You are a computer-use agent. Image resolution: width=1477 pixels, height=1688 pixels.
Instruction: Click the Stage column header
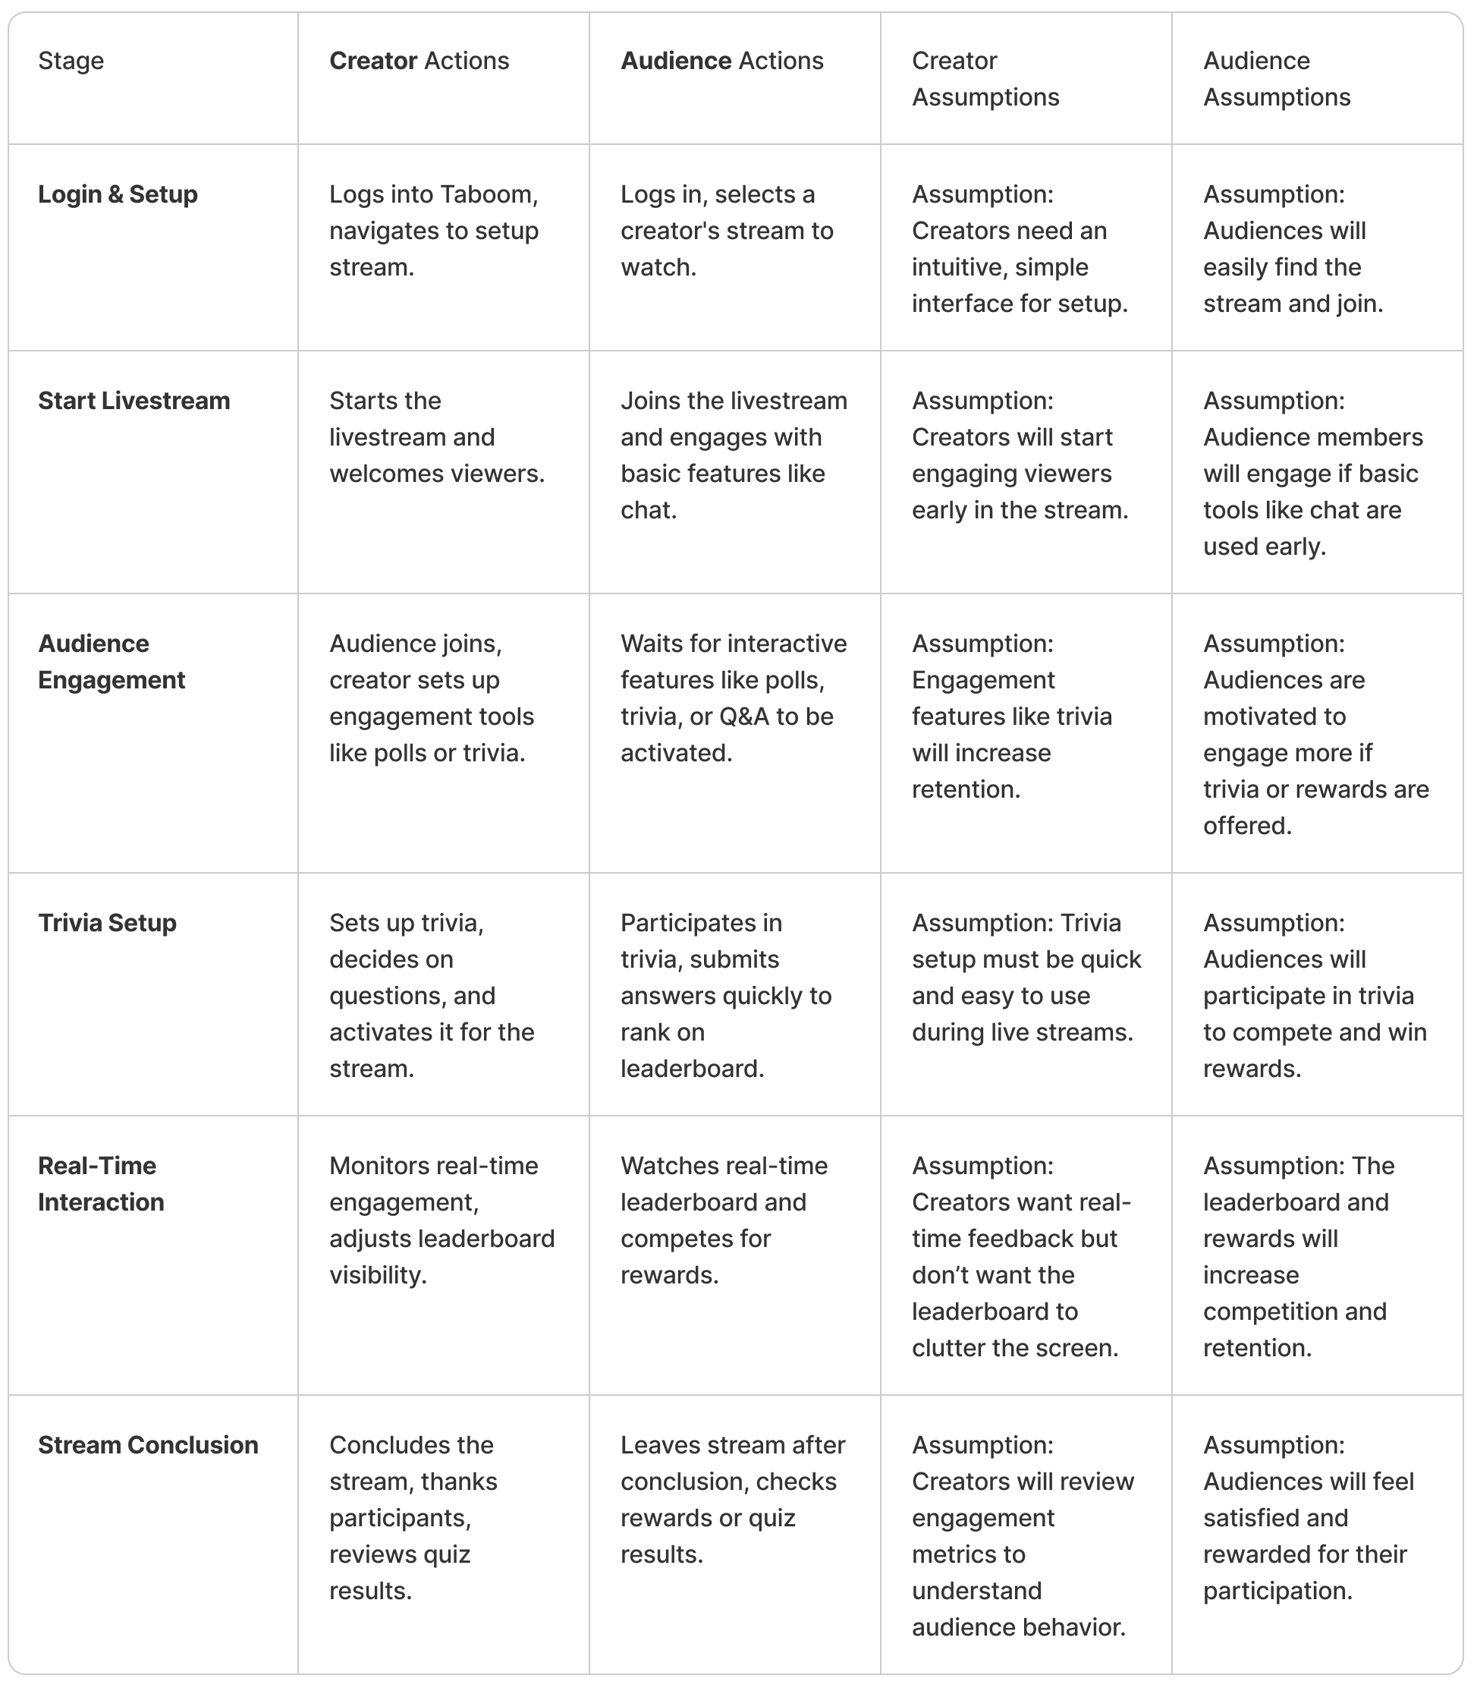pos(71,61)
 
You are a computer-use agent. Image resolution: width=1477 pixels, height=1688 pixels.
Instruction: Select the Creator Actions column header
pos(419,61)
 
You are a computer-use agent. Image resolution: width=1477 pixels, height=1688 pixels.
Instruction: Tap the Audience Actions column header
pos(721,61)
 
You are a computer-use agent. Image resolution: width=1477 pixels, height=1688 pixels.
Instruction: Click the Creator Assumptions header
pos(985,79)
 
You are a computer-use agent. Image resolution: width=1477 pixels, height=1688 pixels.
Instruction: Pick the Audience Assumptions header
pos(1276,79)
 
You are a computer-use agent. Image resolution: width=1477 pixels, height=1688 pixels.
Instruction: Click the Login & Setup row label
pos(118,194)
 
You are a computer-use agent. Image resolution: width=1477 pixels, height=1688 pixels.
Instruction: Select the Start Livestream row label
pos(134,401)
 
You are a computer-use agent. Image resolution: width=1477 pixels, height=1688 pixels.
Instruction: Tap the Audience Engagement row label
pos(112,662)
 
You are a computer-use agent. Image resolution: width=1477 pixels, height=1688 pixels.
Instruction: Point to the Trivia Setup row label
pos(107,923)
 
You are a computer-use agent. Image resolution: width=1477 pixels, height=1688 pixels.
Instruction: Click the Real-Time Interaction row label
pos(101,1184)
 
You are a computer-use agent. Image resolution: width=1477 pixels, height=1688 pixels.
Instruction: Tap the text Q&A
pos(743,716)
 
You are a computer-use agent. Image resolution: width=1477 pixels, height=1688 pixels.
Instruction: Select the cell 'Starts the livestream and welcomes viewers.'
pos(437,437)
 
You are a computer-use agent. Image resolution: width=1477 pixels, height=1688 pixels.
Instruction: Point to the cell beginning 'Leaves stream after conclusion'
pos(732,1500)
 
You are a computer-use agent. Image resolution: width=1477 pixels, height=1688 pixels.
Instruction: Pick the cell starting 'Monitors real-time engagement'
pos(442,1220)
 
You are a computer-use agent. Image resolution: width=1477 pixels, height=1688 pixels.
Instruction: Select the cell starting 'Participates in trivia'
pos(725,996)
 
